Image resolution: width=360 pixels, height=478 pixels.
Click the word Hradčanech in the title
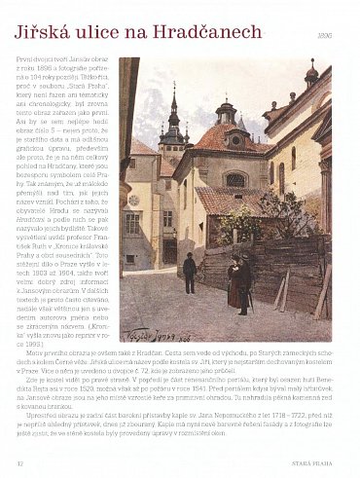[190, 34]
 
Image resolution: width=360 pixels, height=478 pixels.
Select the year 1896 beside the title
[337, 36]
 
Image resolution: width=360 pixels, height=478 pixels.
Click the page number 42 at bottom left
[19, 462]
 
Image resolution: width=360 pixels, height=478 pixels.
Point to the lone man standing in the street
[190, 273]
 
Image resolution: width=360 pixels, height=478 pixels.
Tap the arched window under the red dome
[235, 179]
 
